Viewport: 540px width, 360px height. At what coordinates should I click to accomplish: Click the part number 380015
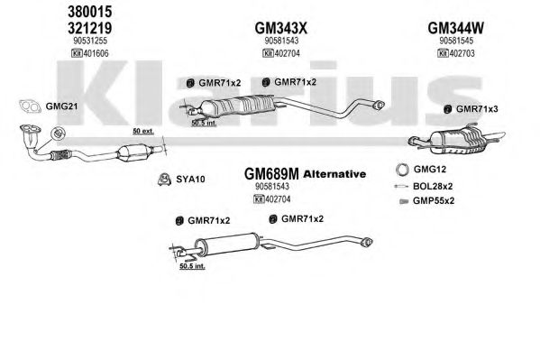89,12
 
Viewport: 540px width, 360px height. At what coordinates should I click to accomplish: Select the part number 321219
89,28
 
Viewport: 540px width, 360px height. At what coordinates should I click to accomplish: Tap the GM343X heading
281,28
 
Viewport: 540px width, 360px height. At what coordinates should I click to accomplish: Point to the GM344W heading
455,28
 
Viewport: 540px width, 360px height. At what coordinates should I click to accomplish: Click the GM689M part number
271,174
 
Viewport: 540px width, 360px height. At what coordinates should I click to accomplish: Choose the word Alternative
334,174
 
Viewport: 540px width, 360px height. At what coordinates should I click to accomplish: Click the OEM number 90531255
90,41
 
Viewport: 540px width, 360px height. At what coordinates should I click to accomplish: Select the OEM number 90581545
456,41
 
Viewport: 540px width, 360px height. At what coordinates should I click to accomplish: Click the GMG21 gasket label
61,106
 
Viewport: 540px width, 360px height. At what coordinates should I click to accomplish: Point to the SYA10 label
190,180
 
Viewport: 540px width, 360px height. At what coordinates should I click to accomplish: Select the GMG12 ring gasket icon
402,170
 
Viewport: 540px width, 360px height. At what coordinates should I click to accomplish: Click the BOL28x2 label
433,187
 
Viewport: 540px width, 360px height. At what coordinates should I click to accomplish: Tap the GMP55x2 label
434,200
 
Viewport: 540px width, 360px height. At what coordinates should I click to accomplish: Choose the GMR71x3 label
477,109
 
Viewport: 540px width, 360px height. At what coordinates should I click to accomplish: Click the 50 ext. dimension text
143,132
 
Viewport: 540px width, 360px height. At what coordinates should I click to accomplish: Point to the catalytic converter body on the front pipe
134,152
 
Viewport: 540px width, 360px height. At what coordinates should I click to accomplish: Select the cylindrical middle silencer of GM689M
226,245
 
